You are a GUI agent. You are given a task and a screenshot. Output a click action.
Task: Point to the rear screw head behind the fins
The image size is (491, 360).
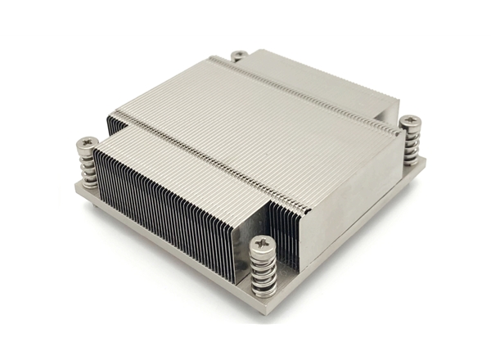(x=239, y=56)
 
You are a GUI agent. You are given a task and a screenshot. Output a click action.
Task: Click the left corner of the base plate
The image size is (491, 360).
(x=75, y=190)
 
